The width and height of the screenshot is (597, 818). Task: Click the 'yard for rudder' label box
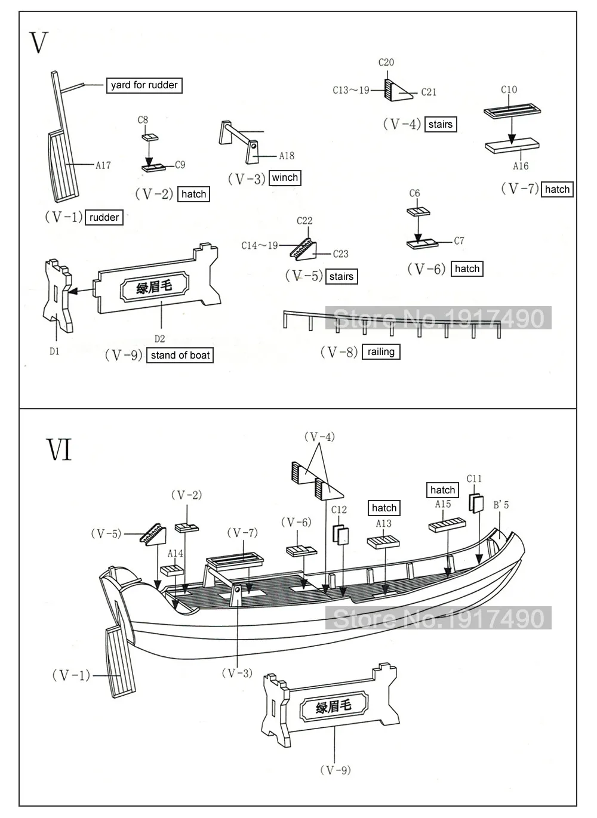(x=144, y=85)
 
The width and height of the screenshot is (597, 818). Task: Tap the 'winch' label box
(x=285, y=178)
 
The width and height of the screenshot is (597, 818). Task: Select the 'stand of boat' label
(x=180, y=356)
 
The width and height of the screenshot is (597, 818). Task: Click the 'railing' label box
(x=381, y=352)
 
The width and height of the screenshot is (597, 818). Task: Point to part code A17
(x=103, y=165)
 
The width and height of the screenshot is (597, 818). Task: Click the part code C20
(x=386, y=62)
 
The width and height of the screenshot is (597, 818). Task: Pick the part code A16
(x=521, y=166)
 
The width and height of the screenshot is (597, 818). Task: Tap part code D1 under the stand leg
(x=54, y=351)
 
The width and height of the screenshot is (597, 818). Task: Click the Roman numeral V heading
(x=38, y=43)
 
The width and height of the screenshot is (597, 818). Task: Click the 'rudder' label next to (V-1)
(x=104, y=218)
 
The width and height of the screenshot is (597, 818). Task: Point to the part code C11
(x=474, y=479)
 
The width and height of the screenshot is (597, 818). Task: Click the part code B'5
(x=501, y=505)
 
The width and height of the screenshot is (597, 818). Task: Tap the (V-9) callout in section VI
(x=335, y=770)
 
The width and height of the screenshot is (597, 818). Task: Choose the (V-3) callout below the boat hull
(x=238, y=673)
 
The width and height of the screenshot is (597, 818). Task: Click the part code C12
(x=339, y=510)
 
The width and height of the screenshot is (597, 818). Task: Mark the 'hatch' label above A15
(x=442, y=490)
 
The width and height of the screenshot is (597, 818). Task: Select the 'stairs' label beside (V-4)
(x=440, y=125)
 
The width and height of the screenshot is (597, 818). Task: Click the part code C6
(x=415, y=193)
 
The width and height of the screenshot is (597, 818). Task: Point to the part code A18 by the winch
(x=287, y=156)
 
